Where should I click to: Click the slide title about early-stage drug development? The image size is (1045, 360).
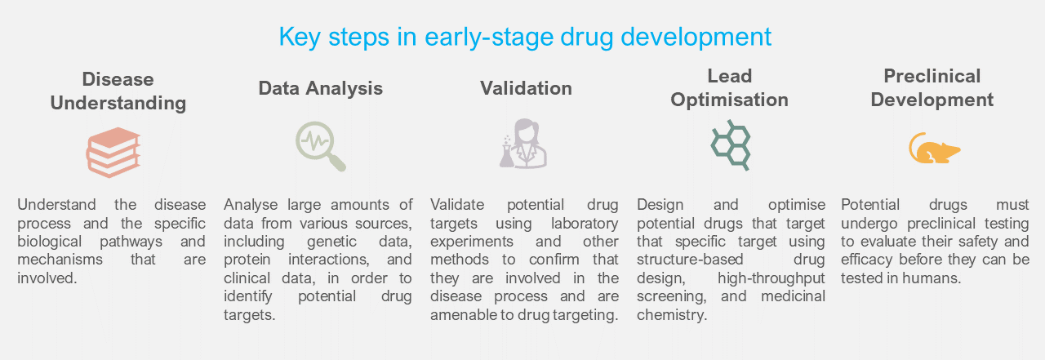[x=525, y=38]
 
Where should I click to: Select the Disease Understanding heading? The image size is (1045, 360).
[x=118, y=91]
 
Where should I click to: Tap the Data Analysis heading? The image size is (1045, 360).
[x=321, y=88]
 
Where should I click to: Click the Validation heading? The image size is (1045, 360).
[x=526, y=88]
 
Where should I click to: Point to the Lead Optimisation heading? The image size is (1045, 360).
[x=729, y=88]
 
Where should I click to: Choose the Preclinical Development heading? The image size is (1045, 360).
[x=932, y=88]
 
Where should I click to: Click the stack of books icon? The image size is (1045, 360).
[x=113, y=152]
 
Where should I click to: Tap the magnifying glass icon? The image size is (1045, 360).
[x=321, y=146]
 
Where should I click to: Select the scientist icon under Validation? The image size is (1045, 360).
[x=523, y=143]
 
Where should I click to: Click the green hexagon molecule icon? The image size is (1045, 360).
[x=731, y=145]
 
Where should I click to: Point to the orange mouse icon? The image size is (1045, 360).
[x=934, y=149]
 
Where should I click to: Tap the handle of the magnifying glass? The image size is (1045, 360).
[x=336, y=162]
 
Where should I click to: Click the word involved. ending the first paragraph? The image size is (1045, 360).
[x=47, y=278]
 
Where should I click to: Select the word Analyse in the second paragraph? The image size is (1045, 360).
[x=251, y=205]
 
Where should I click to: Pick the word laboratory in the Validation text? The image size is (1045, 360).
[x=585, y=224]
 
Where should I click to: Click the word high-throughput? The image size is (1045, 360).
[x=772, y=278]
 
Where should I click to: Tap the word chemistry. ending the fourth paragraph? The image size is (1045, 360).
[x=672, y=315]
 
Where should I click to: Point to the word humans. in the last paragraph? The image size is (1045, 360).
[x=932, y=278]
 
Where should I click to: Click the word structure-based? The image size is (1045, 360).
[x=690, y=260]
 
